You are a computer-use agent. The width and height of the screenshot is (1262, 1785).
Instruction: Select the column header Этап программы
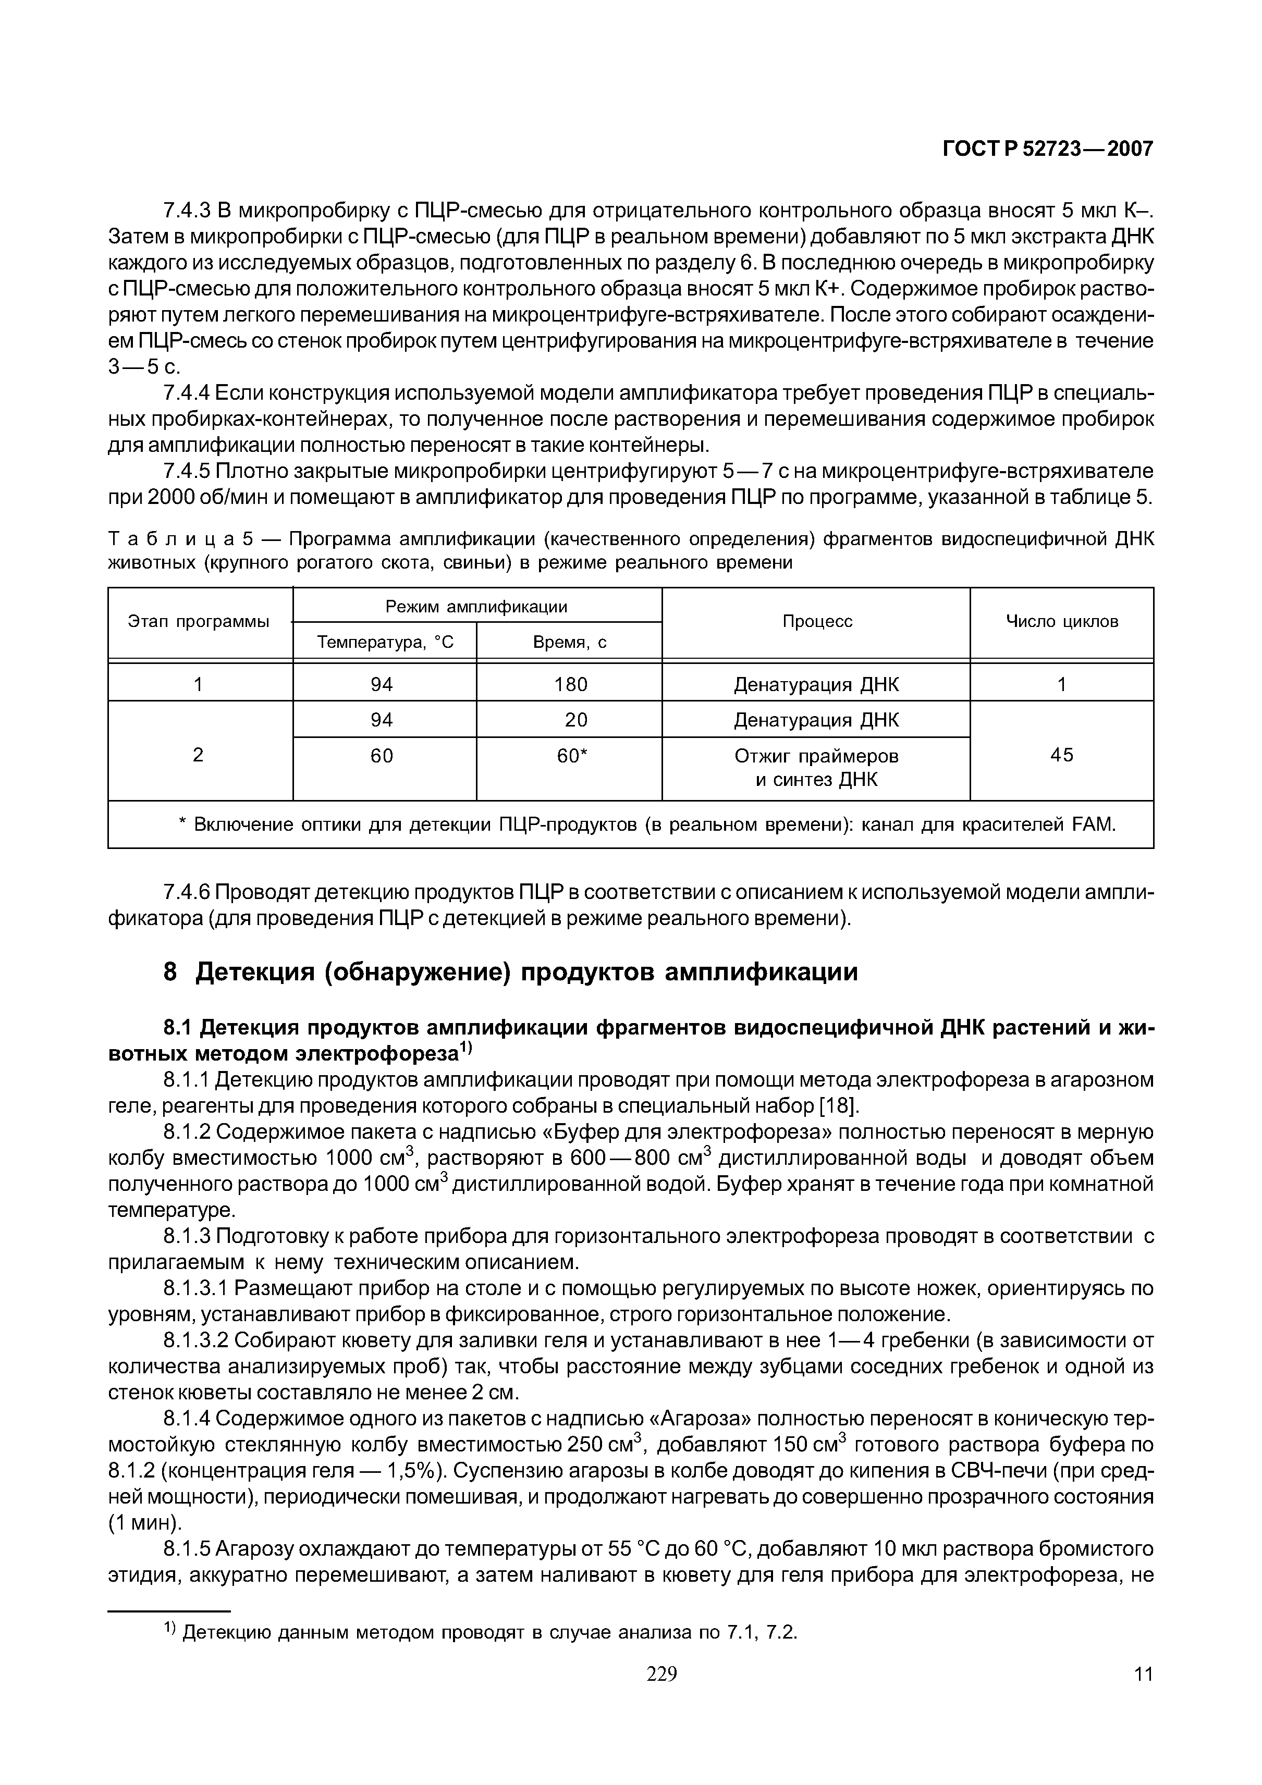pos(199,621)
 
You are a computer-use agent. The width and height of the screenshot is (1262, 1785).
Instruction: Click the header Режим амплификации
pos(476,607)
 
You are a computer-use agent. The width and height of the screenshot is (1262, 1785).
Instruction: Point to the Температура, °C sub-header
pos(384,642)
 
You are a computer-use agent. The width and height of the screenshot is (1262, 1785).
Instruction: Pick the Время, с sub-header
pos(569,642)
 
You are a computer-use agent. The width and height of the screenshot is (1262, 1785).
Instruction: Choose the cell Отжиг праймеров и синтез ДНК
pos(816,767)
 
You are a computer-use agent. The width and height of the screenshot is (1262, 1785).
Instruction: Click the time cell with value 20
pos(575,720)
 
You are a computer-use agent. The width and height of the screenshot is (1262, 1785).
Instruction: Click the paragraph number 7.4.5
pos(187,471)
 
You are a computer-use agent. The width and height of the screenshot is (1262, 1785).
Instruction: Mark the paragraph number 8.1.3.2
pos(196,1340)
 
